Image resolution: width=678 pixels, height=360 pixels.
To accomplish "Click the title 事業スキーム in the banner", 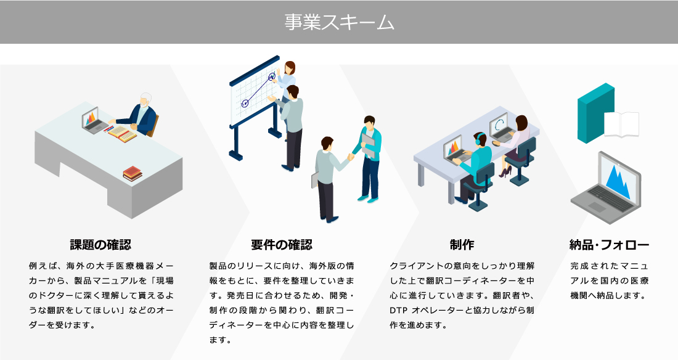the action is [339, 22].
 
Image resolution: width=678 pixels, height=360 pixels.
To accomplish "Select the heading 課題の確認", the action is [100, 245].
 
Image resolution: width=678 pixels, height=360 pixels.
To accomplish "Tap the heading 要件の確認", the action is [282, 245].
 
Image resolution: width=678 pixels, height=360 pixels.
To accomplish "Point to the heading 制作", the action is [462, 245].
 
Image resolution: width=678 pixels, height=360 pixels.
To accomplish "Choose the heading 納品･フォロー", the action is [609, 245].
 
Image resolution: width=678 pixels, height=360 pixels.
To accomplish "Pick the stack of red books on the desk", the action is [133, 173].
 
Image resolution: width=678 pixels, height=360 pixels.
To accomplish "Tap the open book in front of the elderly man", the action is [122, 134].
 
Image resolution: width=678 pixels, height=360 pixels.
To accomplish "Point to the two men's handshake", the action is [351, 157].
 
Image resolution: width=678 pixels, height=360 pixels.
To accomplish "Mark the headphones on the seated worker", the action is [478, 139].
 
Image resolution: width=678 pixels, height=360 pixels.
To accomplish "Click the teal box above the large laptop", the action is [596, 113].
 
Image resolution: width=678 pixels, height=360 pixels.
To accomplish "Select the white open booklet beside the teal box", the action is [621, 124].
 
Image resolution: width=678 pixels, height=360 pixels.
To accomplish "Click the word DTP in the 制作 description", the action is [399, 311].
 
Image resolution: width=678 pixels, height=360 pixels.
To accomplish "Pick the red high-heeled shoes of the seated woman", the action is [505, 172].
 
